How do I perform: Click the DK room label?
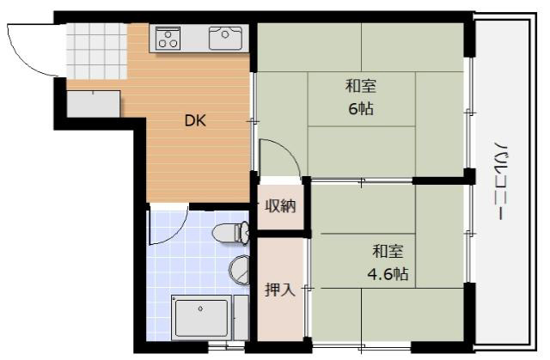click(195, 121)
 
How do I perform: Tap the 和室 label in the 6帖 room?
click(361, 86)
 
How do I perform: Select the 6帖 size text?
click(361, 109)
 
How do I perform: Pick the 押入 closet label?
click(280, 290)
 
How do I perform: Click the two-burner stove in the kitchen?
click(168, 37)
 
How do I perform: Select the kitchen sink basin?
click(225, 38)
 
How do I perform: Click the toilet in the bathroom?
click(230, 233)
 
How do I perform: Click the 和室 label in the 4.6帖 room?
click(387, 252)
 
